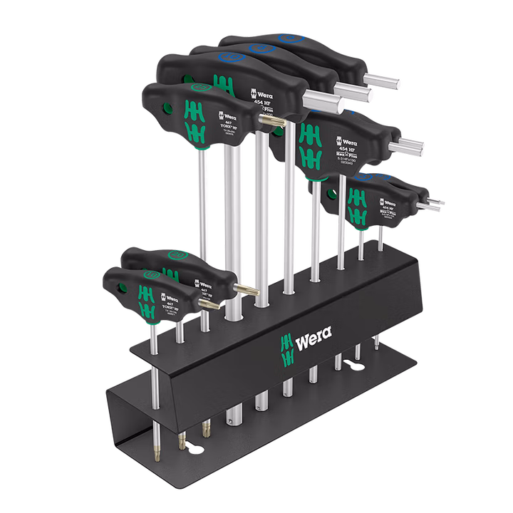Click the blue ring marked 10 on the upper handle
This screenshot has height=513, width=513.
pyautogui.click(x=232, y=55)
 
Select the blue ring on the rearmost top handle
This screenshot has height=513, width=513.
pyautogui.click(x=288, y=38)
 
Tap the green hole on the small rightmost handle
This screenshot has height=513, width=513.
pyautogui.click(x=331, y=191)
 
